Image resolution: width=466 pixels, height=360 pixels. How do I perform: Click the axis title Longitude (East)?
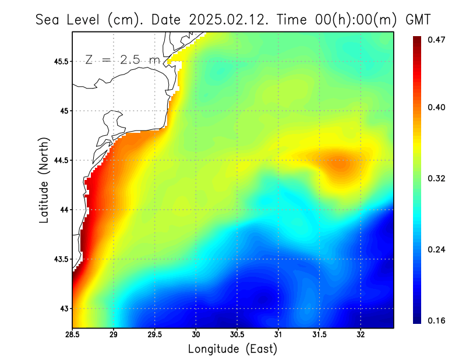tap(232, 349)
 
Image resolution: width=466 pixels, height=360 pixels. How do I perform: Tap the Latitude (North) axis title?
tap(44, 179)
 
